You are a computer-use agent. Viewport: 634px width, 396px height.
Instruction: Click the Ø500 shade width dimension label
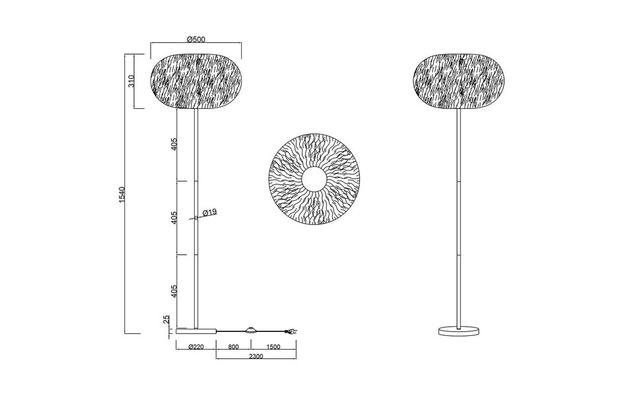196,38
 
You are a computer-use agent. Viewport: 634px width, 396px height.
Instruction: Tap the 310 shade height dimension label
131,82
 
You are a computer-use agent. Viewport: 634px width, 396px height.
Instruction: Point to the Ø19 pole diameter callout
209,213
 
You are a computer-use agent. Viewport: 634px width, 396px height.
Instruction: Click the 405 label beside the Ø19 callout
174,218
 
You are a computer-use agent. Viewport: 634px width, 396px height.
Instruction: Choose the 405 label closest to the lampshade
174,145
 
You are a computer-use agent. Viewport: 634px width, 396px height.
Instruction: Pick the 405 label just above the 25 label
174,290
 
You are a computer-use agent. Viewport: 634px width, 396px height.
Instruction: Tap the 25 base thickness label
166,320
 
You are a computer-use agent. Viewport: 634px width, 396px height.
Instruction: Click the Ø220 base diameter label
195,346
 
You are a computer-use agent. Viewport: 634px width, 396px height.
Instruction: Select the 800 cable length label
234,346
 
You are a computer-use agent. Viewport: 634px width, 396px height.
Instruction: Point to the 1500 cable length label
273,346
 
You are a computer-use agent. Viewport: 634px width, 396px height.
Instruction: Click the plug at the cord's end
290,332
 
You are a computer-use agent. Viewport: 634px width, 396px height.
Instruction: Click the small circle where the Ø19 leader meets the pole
195,218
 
